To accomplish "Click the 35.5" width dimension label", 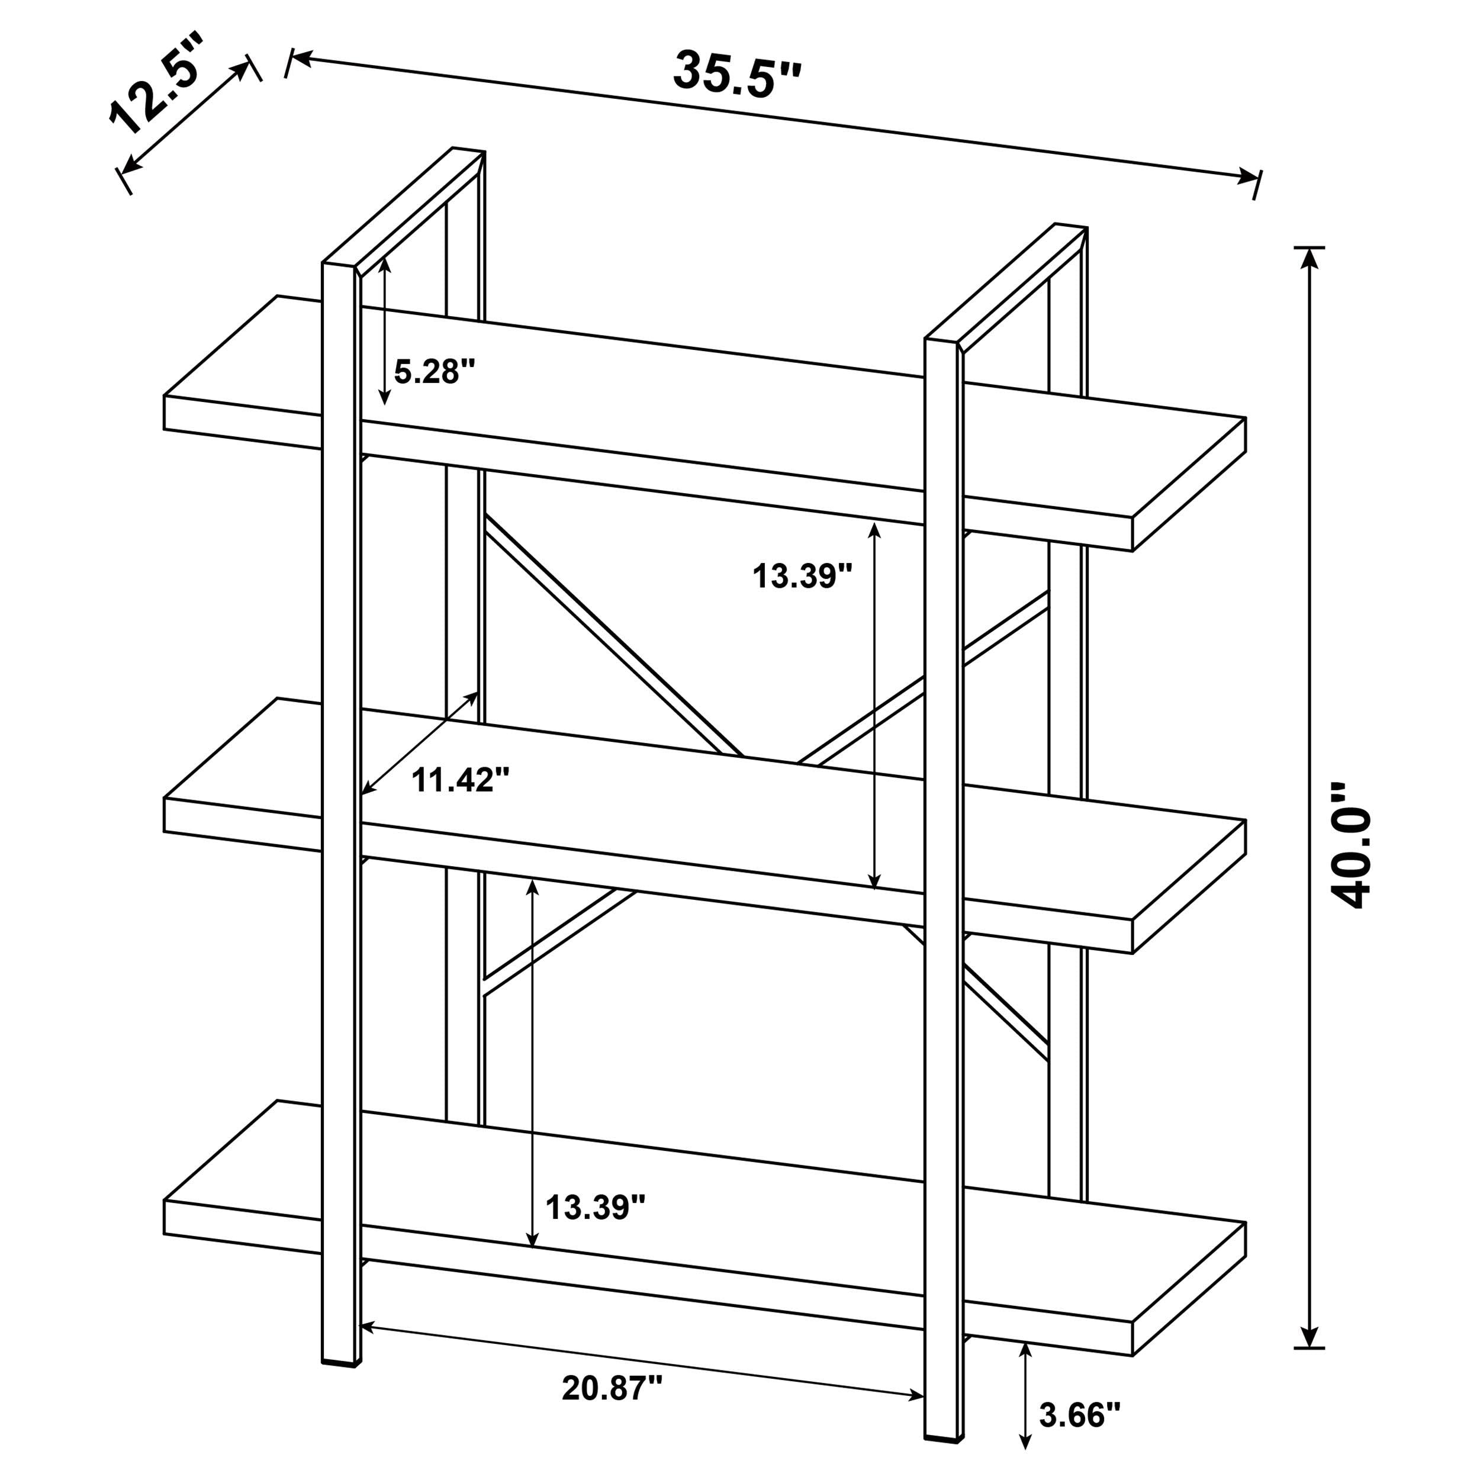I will pos(737,75).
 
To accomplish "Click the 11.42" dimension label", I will pos(461,781).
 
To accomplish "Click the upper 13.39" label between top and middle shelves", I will pos(802,576).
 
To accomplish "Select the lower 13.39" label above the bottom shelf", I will pos(595,1208).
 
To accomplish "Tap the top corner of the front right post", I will pos(944,341).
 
